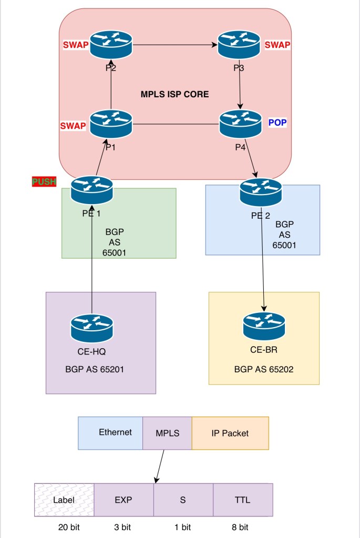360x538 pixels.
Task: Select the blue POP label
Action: pyautogui.click(x=277, y=122)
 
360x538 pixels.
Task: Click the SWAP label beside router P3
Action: pyautogui.click(x=277, y=45)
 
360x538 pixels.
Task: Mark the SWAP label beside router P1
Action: pyautogui.click(x=73, y=126)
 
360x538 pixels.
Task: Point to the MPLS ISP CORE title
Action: pyautogui.click(x=174, y=95)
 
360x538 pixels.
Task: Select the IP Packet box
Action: pyautogui.click(x=230, y=433)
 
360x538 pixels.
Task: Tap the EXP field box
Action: pyautogui.click(x=124, y=500)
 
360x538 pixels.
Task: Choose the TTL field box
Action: pyautogui.click(x=243, y=500)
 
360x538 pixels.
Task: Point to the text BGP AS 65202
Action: pyautogui.click(x=264, y=370)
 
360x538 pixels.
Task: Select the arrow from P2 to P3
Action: pyautogui.click(x=176, y=45)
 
